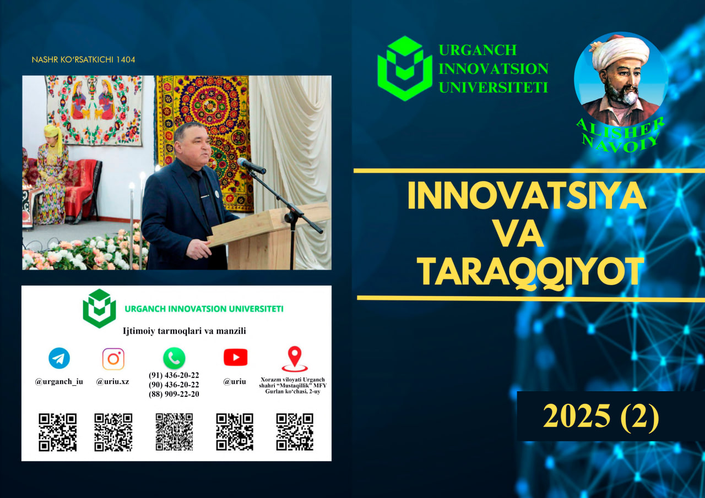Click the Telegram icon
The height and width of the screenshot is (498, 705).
[x=59, y=358]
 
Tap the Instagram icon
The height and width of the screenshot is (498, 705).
[x=113, y=359]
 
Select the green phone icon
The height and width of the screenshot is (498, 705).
[x=174, y=358]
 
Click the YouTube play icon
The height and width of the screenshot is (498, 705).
[x=235, y=358]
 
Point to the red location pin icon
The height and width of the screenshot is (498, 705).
[x=295, y=359]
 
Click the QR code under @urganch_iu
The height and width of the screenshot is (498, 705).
[x=58, y=433]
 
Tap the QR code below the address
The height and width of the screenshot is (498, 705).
[x=295, y=432]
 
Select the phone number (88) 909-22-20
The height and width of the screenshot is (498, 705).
[x=173, y=394]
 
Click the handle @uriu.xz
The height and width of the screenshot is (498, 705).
[x=113, y=382]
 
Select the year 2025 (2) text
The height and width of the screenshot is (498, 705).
[x=601, y=416]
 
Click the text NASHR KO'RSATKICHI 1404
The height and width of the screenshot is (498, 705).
[x=83, y=60]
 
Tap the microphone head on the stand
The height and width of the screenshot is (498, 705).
[x=251, y=166]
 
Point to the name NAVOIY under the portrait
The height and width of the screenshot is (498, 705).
[x=620, y=144]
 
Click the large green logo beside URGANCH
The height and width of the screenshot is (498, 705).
[x=405, y=68]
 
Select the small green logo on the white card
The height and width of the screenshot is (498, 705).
[x=100, y=308]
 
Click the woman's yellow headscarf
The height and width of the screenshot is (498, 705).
[x=52, y=137]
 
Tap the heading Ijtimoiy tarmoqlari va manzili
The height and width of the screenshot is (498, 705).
[x=185, y=331]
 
